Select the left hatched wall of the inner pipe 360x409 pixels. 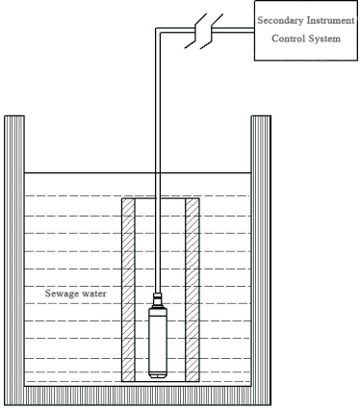(x=127, y=289)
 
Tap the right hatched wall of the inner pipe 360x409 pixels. (x=192, y=289)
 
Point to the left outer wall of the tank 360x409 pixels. (x=14, y=250)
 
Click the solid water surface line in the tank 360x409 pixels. (x=77, y=174)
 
